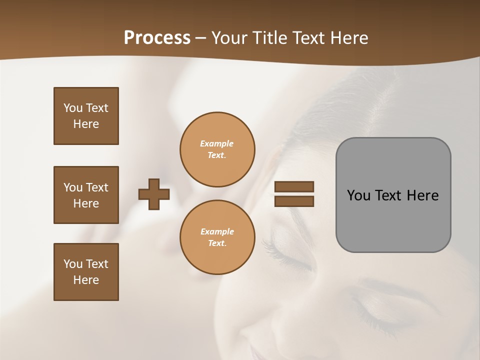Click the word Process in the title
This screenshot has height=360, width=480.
(x=157, y=38)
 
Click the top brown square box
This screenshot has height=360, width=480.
(x=86, y=116)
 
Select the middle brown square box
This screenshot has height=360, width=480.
(x=86, y=195)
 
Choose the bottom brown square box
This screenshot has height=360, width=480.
(x=86, y=272)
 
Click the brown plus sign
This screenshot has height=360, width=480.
(x=154, y=194)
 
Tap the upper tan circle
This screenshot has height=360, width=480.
(x=217, y=149)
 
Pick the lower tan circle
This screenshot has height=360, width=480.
(x=217, y=237)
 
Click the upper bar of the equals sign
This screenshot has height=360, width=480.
(x=294, y=187)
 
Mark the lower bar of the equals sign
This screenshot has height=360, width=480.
(x=294, y=201)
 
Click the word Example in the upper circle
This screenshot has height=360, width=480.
(x=216, y=144)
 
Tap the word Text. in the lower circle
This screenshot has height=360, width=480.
(x=217, y=243)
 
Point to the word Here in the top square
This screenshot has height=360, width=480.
(x=86, y=124)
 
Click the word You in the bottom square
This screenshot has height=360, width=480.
(x=73, y=264)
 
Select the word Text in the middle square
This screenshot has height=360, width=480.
(x=97, y=187)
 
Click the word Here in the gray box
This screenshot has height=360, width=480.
(x=422, y=195)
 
